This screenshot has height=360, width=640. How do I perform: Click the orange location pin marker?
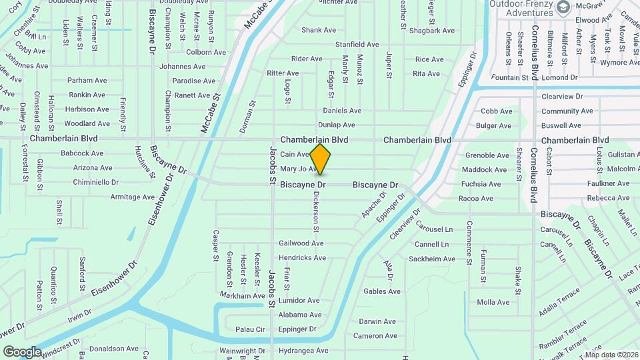[x=320, y=159]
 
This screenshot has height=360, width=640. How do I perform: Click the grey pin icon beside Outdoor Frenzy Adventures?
[x=564, y=7]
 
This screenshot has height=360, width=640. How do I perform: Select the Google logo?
[x=23, y=351]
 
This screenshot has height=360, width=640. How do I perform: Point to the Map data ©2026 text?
[x=611, y=355]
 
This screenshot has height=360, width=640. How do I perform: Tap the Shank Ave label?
[x=319, y=30]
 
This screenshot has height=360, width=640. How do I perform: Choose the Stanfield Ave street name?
[x=357, y=45]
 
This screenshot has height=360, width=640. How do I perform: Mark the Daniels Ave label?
[x=342, y=111]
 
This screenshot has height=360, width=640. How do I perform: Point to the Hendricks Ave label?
[x=302, y=258]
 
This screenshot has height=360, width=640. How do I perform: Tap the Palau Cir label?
[x=250, y=329]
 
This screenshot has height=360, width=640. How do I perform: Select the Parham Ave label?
[x=87, y=81]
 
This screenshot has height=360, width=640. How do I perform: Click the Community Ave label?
[x=567, y=111]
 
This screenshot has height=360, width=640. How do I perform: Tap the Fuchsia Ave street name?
[x=481, y=184]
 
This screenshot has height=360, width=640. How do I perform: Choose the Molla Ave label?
[x=493, y=302]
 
